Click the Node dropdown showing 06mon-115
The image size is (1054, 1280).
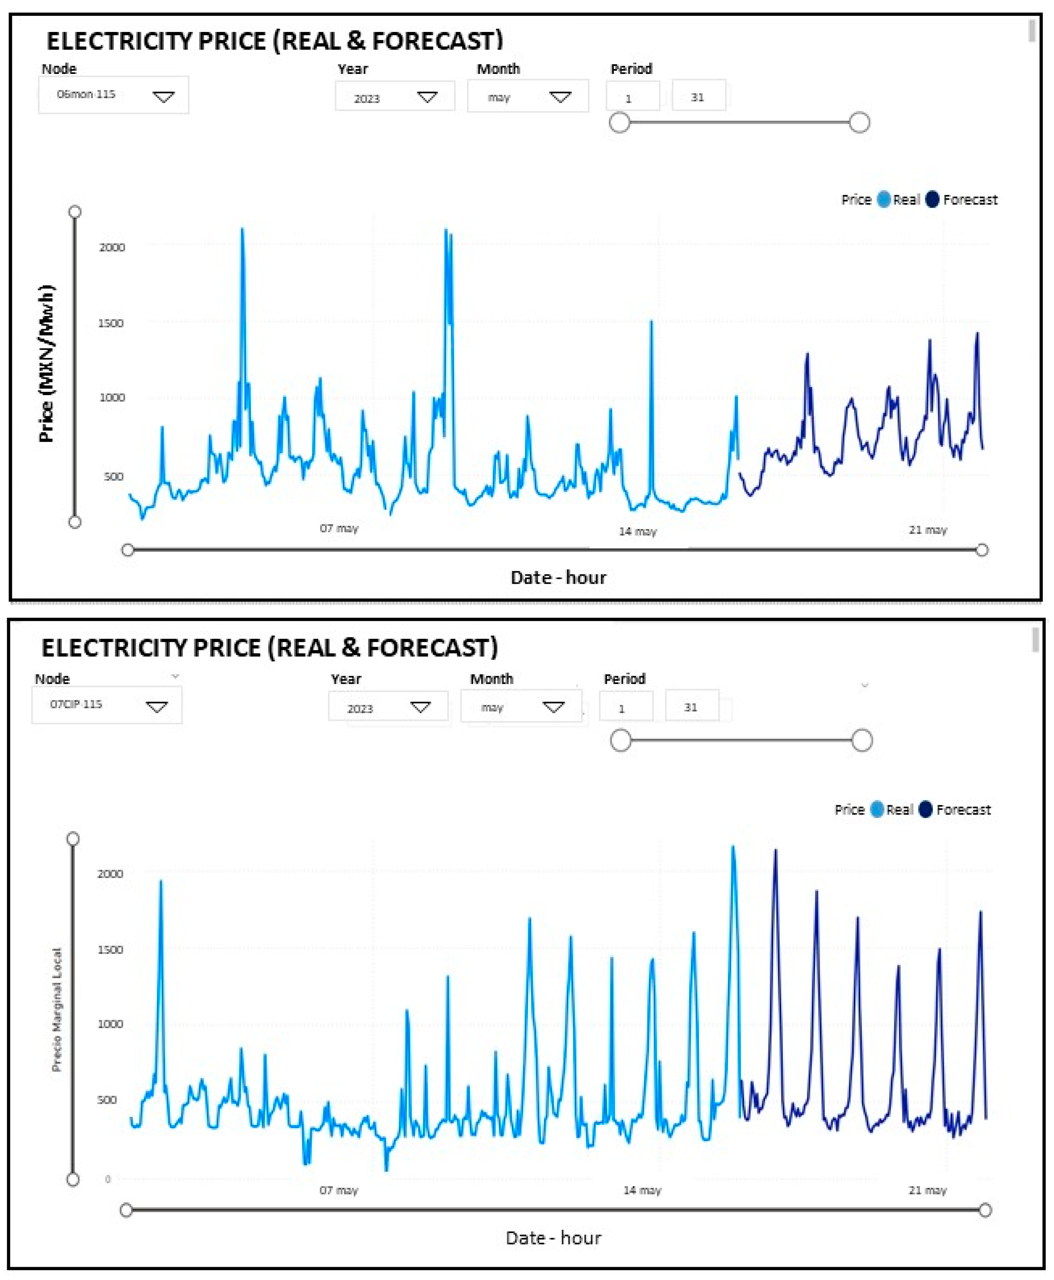[x=114, y=95]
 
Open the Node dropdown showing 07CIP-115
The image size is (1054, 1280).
[x=107, y=705]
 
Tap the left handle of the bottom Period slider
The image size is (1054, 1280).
[x=621, y=741]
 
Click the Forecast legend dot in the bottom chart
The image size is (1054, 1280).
[x=925, y=810]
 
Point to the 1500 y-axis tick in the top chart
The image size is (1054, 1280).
[x=111, y=323]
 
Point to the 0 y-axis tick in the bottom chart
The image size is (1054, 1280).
[x=108, y=1179]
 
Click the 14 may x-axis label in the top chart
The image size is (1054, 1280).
[x=638, y=532]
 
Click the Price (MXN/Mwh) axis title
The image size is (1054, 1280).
[x=46, y=363]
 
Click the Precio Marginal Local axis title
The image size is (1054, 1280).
[x=56, y=1010]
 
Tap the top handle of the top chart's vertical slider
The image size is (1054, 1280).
[x=75, y=211]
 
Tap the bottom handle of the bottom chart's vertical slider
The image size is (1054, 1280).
[x=73, y=1180]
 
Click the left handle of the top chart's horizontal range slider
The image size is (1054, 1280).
[x=127, y=550]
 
